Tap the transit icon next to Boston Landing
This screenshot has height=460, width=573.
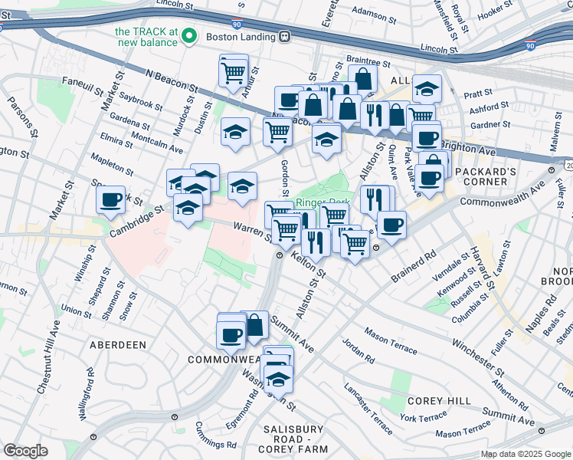(284, 36)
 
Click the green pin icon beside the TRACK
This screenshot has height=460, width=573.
(191, 36)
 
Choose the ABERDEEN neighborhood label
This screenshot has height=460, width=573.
(117, 345)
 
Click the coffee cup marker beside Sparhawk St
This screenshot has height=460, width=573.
(111, 199)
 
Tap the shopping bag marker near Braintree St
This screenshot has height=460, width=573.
(363, 78)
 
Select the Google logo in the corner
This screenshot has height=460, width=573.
(26, 451)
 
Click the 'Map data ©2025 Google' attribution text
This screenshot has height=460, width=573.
(525, 454)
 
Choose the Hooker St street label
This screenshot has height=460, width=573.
(516, 15)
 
